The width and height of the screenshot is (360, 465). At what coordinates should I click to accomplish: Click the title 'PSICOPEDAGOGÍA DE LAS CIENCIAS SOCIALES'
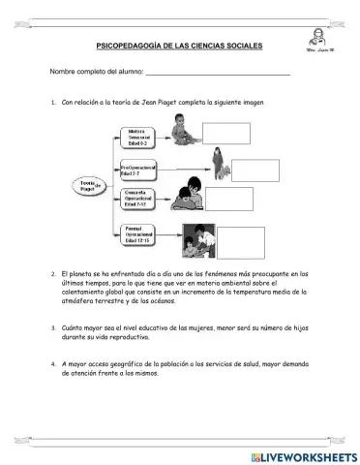[x=179, y=46]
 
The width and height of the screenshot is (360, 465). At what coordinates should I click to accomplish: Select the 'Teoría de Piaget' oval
[x=89, y=184]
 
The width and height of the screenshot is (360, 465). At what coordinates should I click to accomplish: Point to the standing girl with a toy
[x=219, y=162]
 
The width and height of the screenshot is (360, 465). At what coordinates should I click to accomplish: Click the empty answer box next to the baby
[x=226, y=133]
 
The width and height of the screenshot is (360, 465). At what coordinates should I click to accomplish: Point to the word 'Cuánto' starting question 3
[x=75, y=328]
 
